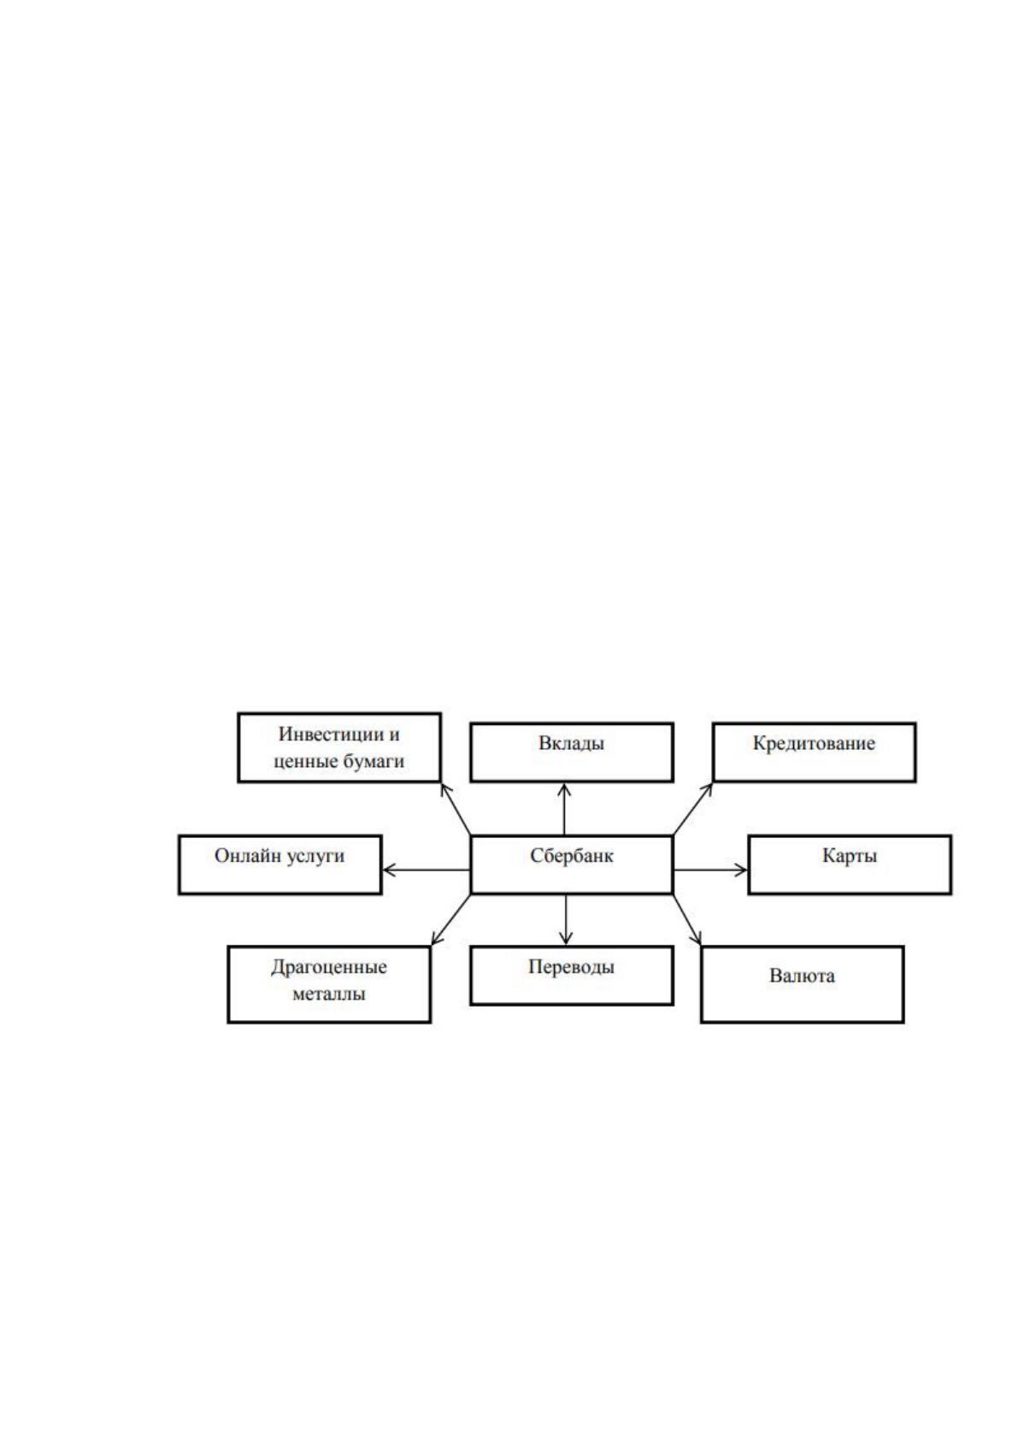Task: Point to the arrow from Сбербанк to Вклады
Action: [x=564, y=809]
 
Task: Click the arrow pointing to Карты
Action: [x=711, y=870]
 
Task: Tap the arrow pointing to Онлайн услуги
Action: [x=427, y=870]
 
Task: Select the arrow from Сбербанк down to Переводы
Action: [x=566, y=919]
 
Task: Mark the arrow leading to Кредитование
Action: [x=693, y=809]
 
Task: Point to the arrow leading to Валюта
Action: [x=687, y=919]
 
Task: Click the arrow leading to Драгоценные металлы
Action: [x=450, y=919]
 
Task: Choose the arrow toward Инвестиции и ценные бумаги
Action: [x=456, y=809]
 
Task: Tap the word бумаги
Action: [x=374, y=762]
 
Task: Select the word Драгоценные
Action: [x=329, y=967]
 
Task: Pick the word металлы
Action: [x=329, y=994]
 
